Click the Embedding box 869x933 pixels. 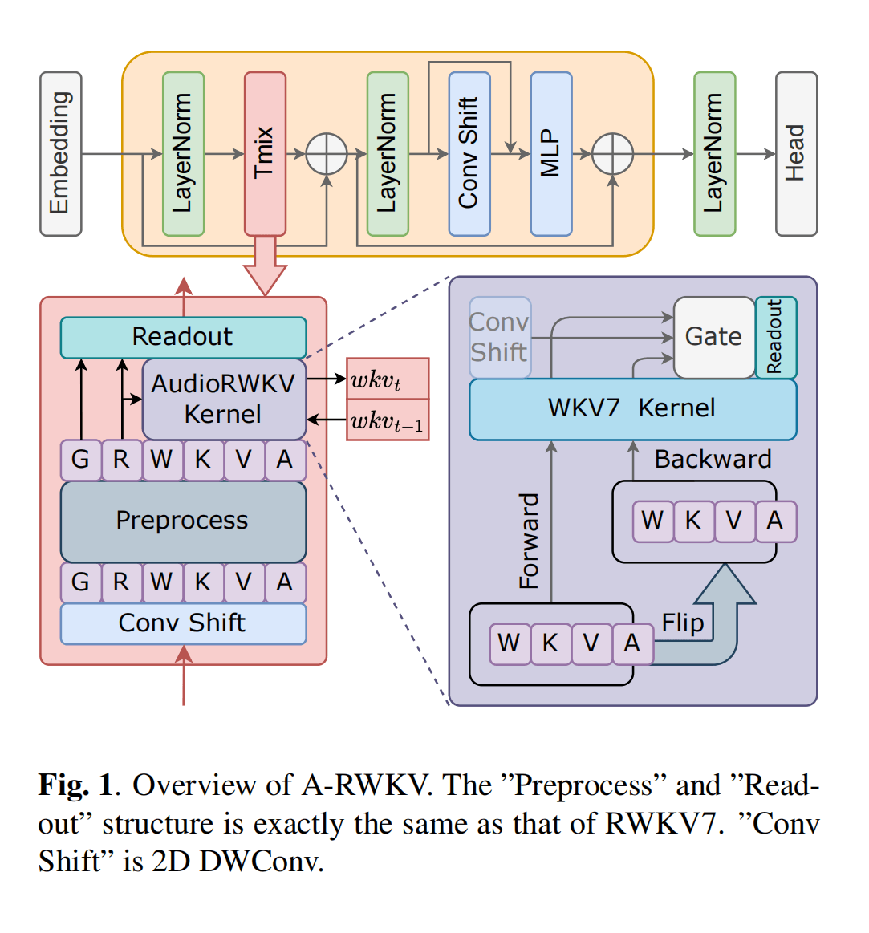[x=61, y=154]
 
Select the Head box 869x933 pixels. [x=796, y=154]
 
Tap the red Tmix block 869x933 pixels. [x=265, y=154]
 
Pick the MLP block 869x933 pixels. [x=551, y=154]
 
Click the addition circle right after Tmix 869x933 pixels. [x=327, y=154]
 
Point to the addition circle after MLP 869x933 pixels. [x=612, y=154]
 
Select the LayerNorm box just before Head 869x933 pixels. [x=714, y=154]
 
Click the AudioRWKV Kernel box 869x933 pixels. [x=224, y=399]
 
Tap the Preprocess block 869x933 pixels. [x=183, y=521]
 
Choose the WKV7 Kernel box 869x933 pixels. [x=632, y=408]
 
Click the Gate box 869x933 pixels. [x=713, y=337]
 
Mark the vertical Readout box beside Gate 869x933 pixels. [x=776, y=337]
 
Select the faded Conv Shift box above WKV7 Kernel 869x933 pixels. [x=499, y=337]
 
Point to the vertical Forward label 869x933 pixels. [x=530, y=541]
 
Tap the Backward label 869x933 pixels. [x=713, y=459]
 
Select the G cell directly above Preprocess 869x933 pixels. [x=81, y=460]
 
